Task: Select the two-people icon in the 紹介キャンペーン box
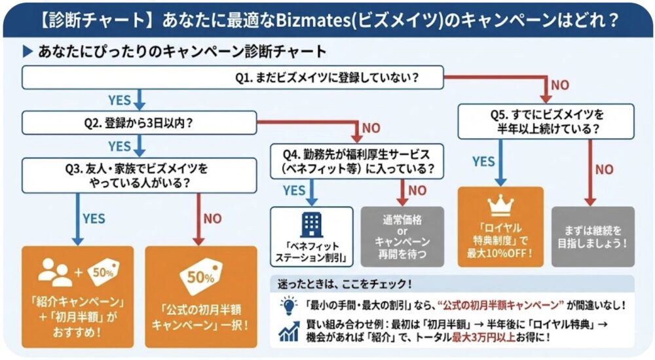click(55, 271)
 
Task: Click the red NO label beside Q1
click(559, 84)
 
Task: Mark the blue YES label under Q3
click(93, 219)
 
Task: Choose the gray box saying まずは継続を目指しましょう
click(593, 235)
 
